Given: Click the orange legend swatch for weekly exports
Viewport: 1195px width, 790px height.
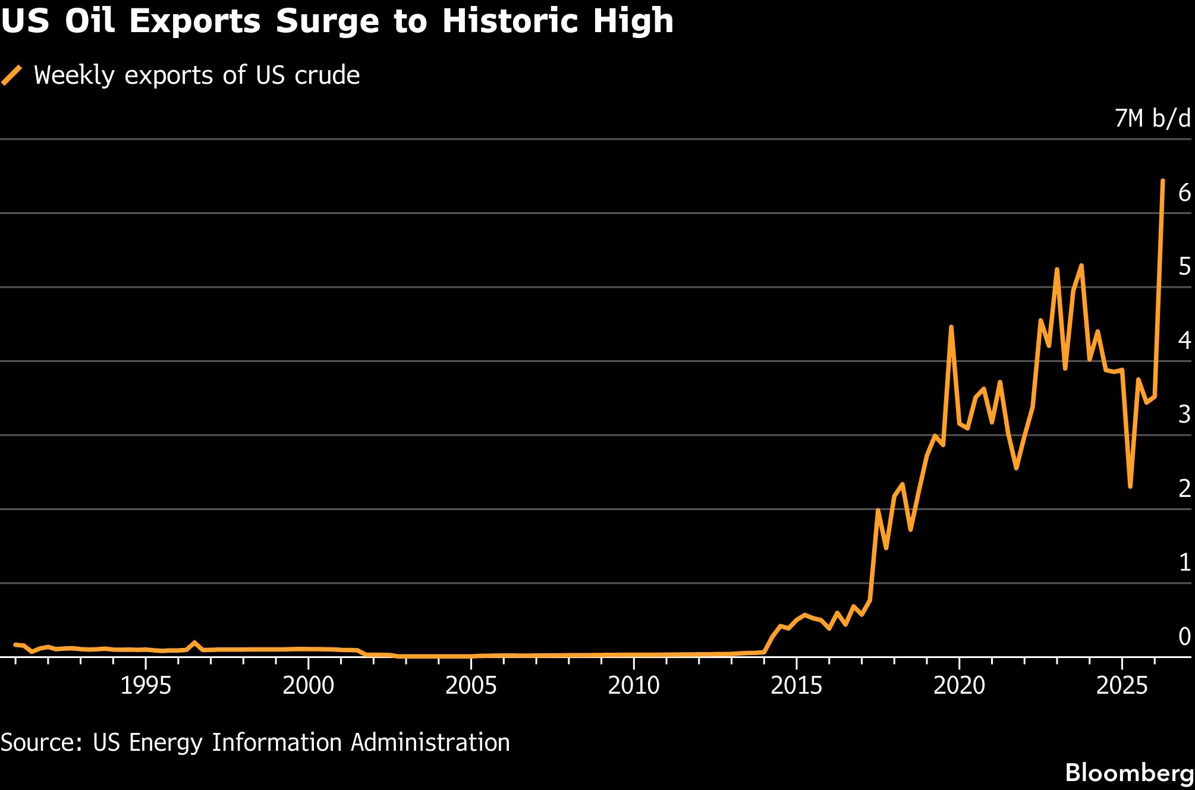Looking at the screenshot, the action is coord(12,75).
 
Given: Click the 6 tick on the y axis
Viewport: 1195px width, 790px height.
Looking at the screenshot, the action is coord(1184,192).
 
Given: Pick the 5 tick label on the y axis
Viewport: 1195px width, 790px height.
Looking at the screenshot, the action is coord(1184,266).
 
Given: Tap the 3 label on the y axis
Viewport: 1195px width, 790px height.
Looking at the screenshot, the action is coord(1184,414).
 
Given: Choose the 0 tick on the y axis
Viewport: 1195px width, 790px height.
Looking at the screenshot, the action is coord(1184,636).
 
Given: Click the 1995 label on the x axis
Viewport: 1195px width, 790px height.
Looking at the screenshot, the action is coord(146,685).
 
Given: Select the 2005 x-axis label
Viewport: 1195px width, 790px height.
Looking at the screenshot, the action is coord(471,685).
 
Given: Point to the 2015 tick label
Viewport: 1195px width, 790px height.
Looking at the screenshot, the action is coord(797,685).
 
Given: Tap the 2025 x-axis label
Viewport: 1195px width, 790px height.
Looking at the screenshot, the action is coord(1122,685).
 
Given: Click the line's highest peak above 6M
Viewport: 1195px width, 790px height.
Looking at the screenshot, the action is coord(1163,180).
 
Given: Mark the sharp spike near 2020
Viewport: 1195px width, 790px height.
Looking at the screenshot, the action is coord(951,327).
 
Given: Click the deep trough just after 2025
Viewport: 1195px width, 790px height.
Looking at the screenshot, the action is coord(1130,486).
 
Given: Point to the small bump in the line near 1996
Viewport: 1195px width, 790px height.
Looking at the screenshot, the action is coord(195,643).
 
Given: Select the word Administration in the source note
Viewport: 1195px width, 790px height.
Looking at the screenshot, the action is coord(430,742).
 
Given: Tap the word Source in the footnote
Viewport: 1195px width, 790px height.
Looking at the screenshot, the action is coord(41,743).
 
